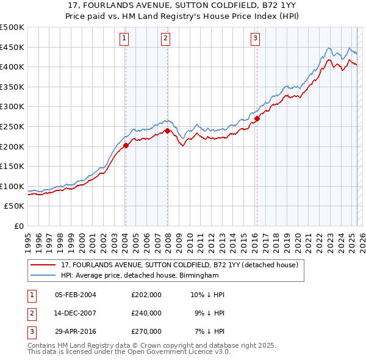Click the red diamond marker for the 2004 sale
[x=126, y=145]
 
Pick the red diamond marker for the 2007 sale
[x=167, y=131]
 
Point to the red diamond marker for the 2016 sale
[x=257, y=119]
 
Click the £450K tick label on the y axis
[x=12, y=47]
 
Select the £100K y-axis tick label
[x=12, y=186]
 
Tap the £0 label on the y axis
[x=20, y=226]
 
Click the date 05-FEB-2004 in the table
[x=75, y=295]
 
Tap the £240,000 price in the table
[x=146, y=313]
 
